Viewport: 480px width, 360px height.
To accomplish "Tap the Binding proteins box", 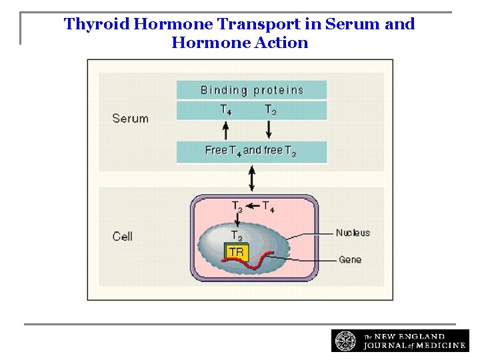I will [251, 90].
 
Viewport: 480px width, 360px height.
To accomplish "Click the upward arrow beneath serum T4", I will [226, 130].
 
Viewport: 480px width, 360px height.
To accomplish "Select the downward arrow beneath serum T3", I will [270, 130].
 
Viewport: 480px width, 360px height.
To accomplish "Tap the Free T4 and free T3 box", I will [251, 151].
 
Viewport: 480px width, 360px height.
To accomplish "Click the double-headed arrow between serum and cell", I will [251, 178].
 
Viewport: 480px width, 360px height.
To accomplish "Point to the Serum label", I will [130, 119].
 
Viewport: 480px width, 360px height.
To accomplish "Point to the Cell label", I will [123, 236].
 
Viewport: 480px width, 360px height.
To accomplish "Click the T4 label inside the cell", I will [268, 207].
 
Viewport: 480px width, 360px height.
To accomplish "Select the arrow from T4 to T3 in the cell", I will [253, 206].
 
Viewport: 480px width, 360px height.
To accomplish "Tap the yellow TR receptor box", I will [237, 252].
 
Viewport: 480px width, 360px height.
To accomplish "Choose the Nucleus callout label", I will [353, 233].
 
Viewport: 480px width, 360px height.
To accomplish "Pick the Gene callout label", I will [350, 259].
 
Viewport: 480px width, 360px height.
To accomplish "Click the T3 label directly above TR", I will [237, 236].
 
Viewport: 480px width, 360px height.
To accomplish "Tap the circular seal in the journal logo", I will [345, 340].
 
